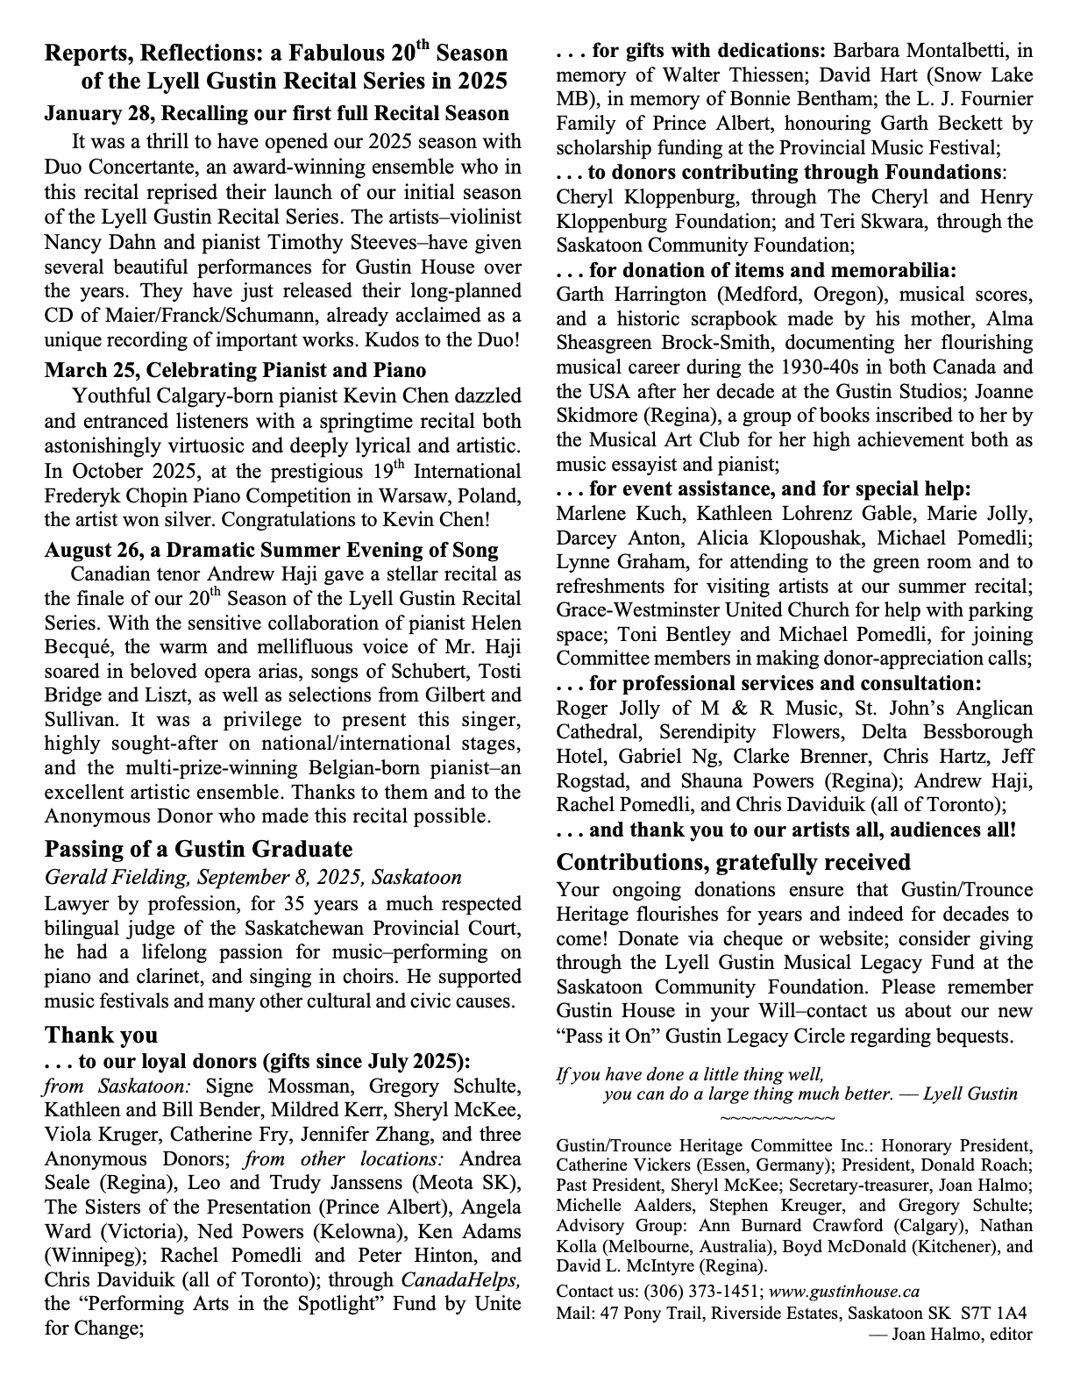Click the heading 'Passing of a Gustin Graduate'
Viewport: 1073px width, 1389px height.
pyautogui.click(x=198, y=850)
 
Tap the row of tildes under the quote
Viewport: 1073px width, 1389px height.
pyautogui.click(x=777, y=1118)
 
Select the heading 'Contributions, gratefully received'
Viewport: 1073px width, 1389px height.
pyautogui.click(x=733, y=862)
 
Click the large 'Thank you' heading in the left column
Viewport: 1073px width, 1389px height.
pyautogui.click(x=102, y=1036)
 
